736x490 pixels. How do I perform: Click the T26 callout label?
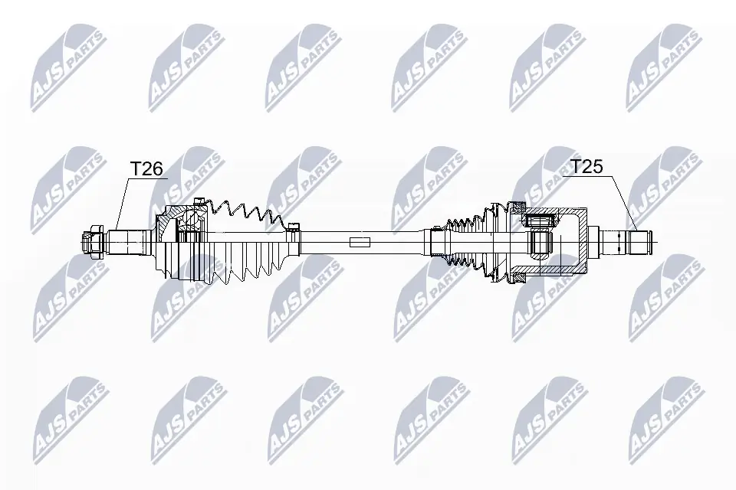146,168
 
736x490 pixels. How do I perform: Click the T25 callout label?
587,167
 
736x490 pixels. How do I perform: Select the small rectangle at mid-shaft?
358,243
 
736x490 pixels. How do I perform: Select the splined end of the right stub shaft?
639,242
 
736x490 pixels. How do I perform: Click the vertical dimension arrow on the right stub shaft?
618,242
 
